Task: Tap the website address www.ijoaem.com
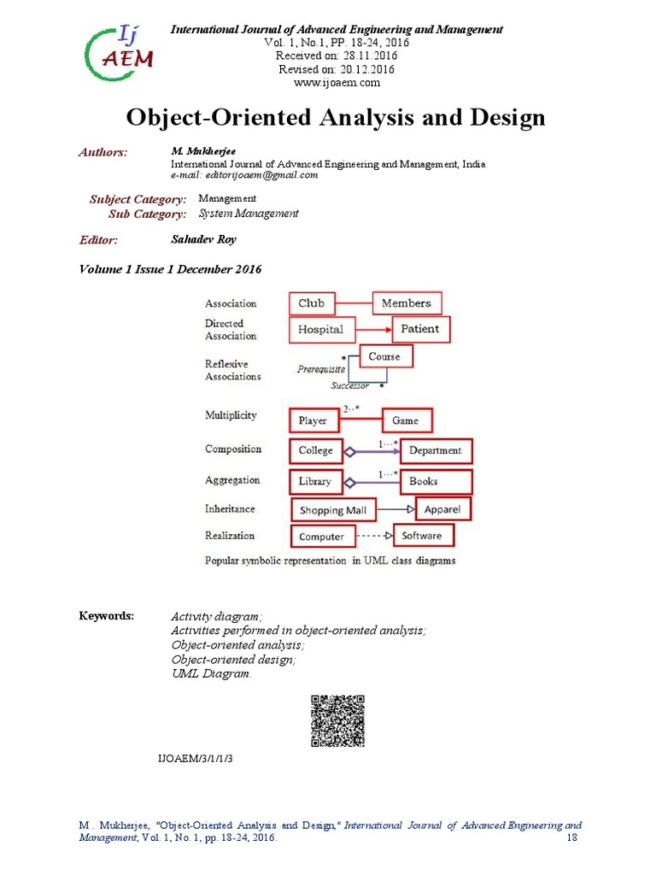click(x=337, y=83)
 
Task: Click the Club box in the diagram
click(x=312, y=303)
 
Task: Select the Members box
click(x=406, y=303)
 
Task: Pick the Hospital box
click(x=320, y=329)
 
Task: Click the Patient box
click(x=420, y=328)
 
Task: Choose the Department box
click(x=435, y=450)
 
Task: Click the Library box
click(x=315, y=481)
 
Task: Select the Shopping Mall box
click(x=332, y=510)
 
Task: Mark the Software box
click(x=422, y=536)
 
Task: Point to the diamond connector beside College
click(x=348, y=450)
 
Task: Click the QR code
click(x=337, y=721)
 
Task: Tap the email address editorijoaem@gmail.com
click(x=244, y=175)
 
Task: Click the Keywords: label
click(x=107, y=615)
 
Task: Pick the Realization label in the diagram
click(x=230, y=536)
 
